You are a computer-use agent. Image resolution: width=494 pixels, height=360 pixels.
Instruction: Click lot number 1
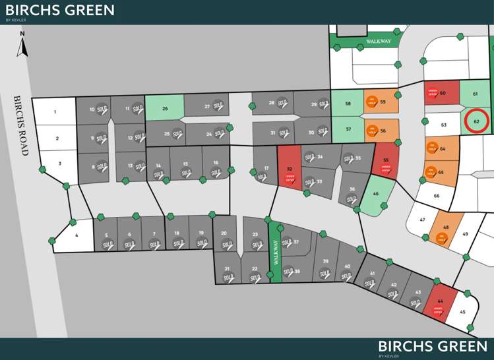pos(55,112)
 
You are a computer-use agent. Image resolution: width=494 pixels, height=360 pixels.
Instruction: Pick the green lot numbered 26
pos(164,107)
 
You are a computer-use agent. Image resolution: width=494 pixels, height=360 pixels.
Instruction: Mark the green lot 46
pos(375,194)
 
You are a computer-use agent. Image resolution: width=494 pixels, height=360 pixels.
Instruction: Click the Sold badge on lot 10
pos(101,109)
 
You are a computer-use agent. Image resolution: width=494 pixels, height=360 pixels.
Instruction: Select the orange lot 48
pos(446,229)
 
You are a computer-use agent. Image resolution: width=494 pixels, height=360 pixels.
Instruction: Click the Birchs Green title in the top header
pos(60,11)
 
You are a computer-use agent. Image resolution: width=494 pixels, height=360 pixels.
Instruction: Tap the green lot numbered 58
pos(347,104)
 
